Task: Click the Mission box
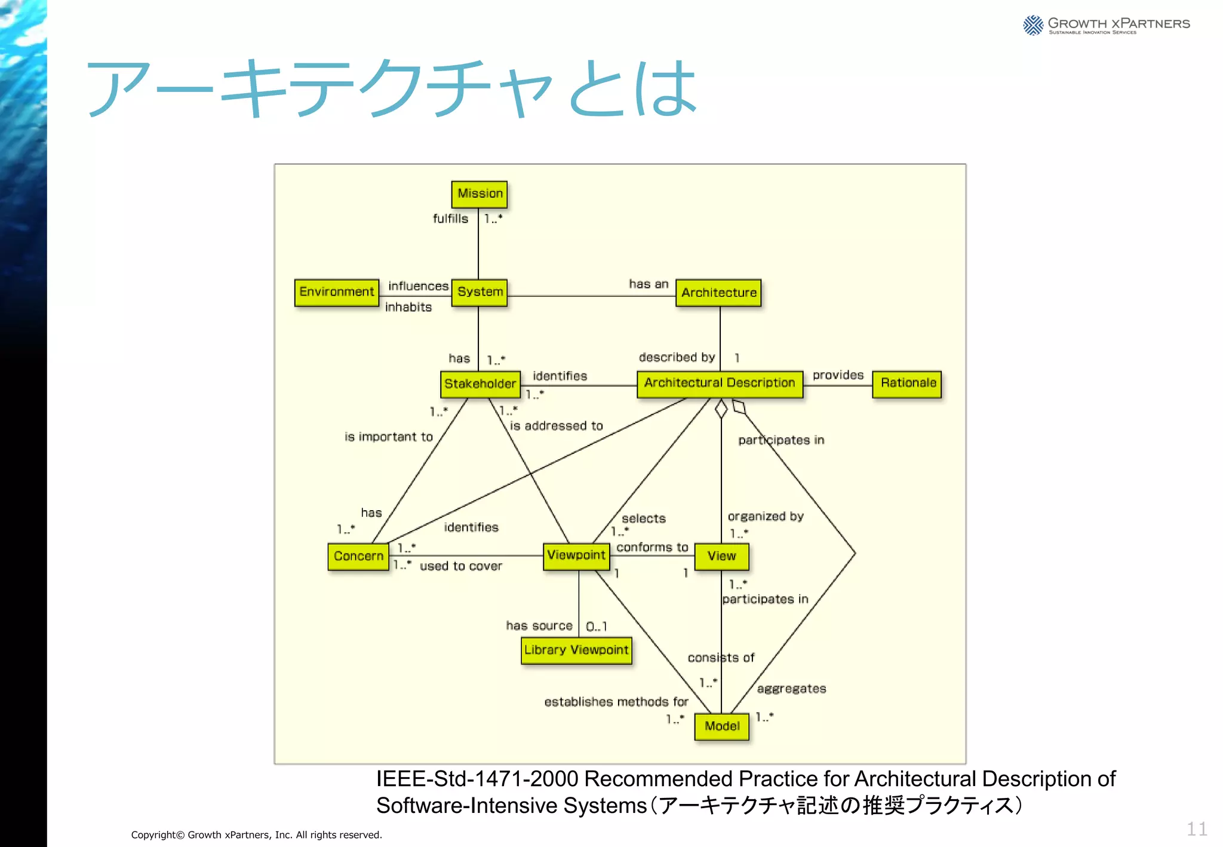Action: pyautogui.click(x=480, y=194)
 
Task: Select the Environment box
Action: pyautogui.click(x=337, y=293)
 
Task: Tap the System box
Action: pyautogui.click(x=480, y=293)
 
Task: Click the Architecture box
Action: pyautogui.click(x=718, y=293)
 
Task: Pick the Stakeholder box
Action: pyautogui.click(x=480, y=384)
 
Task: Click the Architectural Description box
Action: pyautogui.click(x=720, y=383)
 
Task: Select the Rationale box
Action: pyautogui.click(x=907, y=383)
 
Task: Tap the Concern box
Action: pyautogui.click(x=358, y=557)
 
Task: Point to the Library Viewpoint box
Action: pyautogui.click(x=576, y=650)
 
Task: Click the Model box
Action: pyautogui.click(x=721, y=726)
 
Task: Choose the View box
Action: pyautogui.click(x=721, y=557)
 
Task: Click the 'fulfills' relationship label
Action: pyautogui.click(x=450, y=219)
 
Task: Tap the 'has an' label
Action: pyautogui.click(x=649, y=284)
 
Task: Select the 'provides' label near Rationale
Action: pyautogui.click(x=838, y=375)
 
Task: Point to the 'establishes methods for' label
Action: pyautogui.click(x=616, y=702)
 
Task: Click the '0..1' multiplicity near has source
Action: pyautogui.click(x=596, y=627)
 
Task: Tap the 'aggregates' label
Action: pyautogui.click(x=791, y=689)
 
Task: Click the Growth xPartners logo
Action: pyautogui.click(x=1106, y=25)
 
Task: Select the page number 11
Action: pyautogui.click(x=1196, y=829)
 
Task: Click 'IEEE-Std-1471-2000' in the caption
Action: pyautogui.click(x=477, y=779)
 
